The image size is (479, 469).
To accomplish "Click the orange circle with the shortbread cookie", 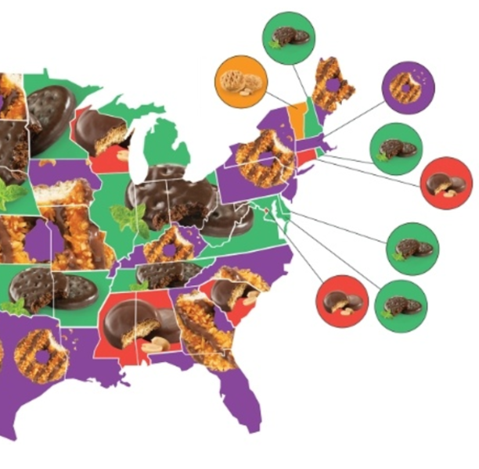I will click(239, 81).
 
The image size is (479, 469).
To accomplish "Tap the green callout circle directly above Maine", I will click(289, 37).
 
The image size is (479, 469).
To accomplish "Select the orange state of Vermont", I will click(296, 114).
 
